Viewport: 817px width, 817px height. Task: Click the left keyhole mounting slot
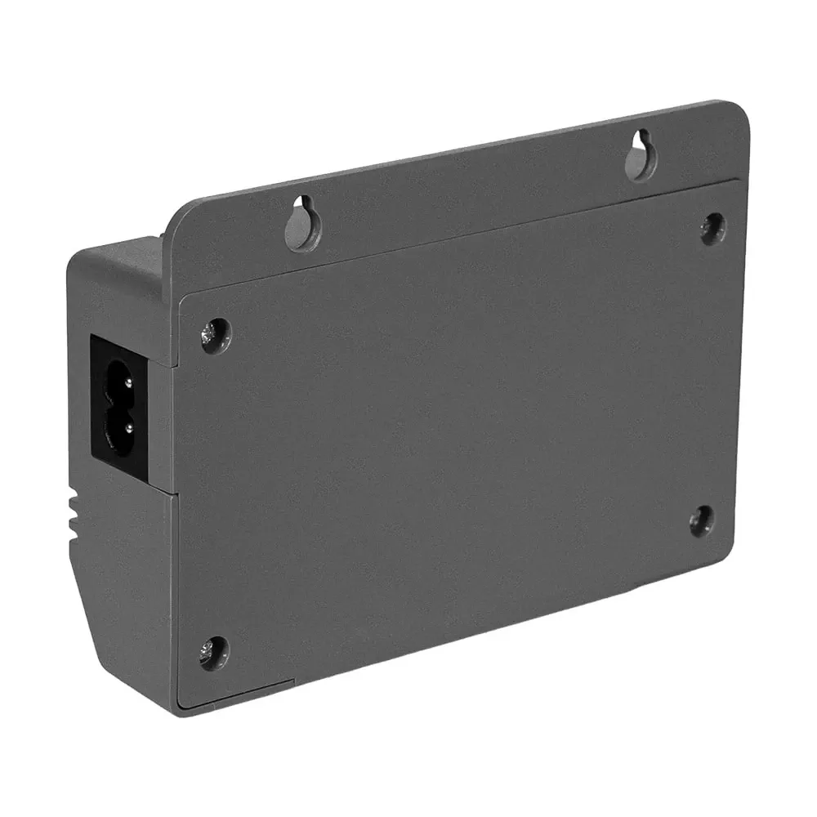[302, 223]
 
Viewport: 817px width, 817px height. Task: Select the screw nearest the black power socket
[215, 335]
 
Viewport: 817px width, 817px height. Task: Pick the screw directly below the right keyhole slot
[712, 228]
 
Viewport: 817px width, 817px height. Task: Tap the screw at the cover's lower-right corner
[701, 520]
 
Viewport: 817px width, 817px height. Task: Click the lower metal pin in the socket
[118, 425]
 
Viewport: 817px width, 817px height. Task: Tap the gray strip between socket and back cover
[160, 425]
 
